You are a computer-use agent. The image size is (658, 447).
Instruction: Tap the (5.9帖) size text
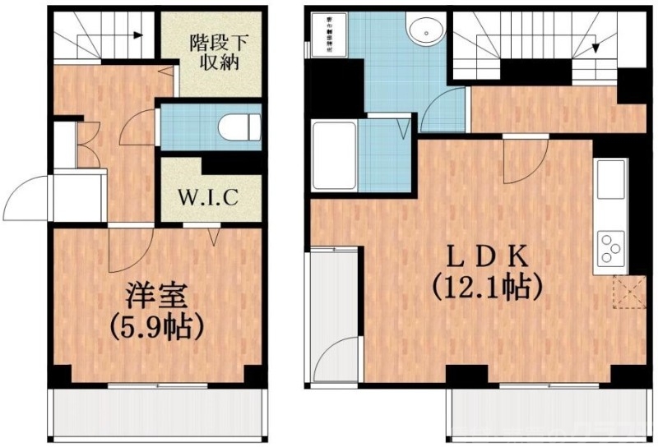click(157, 327)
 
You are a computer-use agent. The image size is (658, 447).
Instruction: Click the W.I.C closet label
click(209, 197)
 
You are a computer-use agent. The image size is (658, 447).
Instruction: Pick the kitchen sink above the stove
click(611, 180)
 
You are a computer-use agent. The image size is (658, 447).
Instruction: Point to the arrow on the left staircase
click(133, 35)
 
